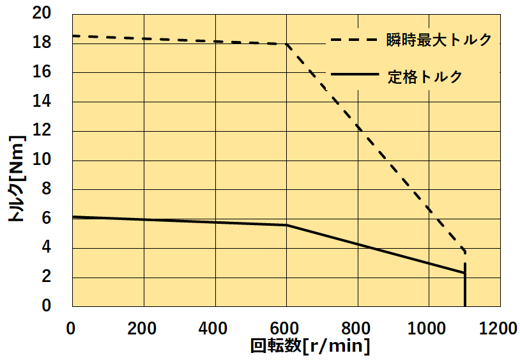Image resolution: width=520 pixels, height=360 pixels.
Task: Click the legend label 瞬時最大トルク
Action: pos(439,40)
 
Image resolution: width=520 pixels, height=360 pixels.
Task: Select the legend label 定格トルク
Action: pos(424,76)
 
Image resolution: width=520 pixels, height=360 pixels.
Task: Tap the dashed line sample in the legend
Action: pos(355,40)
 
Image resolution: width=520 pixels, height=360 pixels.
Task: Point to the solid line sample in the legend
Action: pos(355,75)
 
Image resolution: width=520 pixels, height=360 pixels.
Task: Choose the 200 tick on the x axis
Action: pos(143,329)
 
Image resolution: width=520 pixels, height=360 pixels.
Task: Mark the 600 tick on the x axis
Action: pos(286,329)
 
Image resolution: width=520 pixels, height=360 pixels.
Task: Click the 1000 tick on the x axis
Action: pos(428,329)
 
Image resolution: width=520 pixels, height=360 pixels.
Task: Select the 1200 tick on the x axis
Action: pos(499,329)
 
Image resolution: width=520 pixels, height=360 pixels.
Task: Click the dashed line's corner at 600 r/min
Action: pos(286,44)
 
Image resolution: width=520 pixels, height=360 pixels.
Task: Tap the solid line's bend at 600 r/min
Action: pos(286,225)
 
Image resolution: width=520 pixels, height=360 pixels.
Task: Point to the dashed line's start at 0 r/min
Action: pos(73,36)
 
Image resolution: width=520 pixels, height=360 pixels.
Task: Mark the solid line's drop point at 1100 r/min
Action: pos(464,273)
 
